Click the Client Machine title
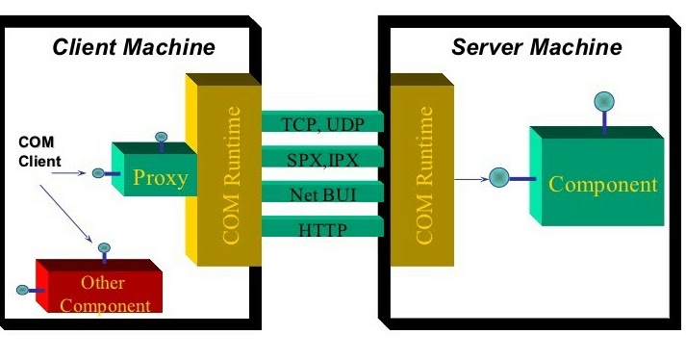click(x=133, y=47)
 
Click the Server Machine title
click(x=537, y=47)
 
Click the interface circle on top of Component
click(x=603, y=100)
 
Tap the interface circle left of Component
click(x=499, y=178)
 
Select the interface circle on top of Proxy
click(x=161, y=137)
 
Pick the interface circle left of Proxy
click(x=98, y=173)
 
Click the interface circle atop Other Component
click(x=103, y=247)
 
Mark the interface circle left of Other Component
click(x=22, y=289)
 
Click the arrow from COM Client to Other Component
click(x=68, y=206)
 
